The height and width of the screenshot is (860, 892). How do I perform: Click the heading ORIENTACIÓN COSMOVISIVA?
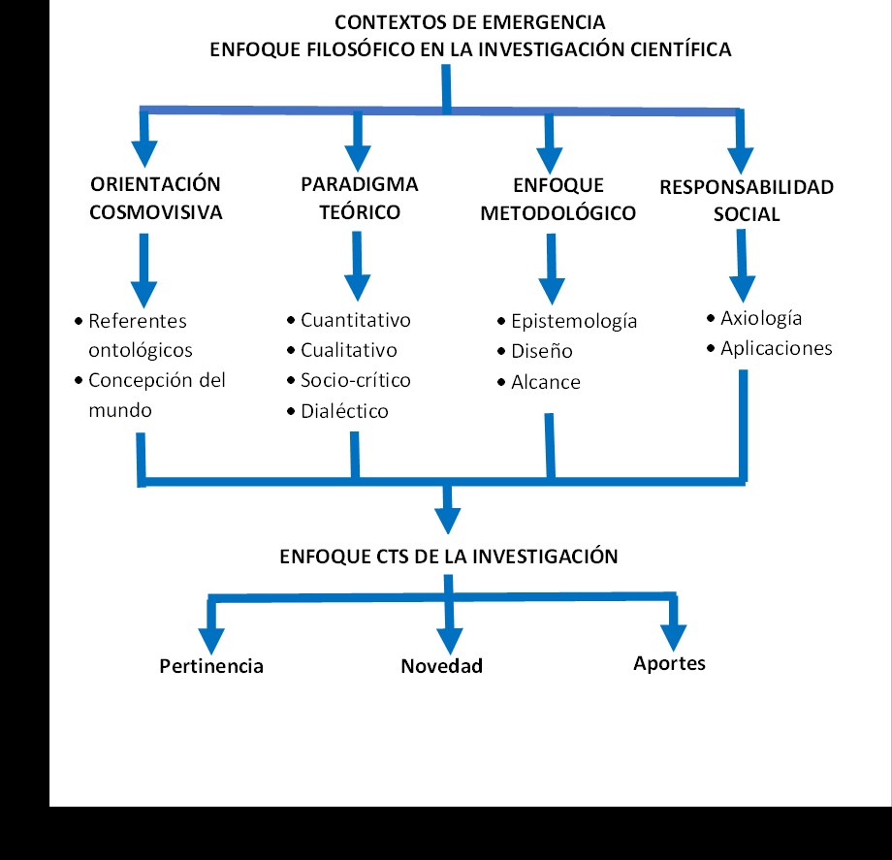pyautogui.click(x=155, y=199)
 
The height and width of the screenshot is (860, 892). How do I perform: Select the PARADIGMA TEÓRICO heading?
pyautogui.click(x=359, y=199)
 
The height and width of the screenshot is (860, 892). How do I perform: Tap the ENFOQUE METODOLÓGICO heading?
pyautogui.click(x=557, y=199)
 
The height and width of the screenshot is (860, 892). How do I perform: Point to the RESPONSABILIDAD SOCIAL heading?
pyautogui.click(x=746, y=201)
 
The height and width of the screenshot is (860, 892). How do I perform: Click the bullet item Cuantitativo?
pyautogui.click(x=355, y=320)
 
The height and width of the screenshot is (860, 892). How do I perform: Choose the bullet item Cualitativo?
pyautogui.click(x=348, y=351)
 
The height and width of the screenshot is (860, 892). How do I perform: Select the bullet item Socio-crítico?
pyautogui.click(x=355, y=381)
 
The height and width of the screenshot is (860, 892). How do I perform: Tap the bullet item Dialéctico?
pyautogui.click(x=344, y=411)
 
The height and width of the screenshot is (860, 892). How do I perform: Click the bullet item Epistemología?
pyautogui.click(x=573, y=321)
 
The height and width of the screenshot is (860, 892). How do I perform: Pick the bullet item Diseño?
pyautogui.click(x=541, y=351)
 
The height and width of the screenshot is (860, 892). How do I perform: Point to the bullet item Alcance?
pyautogui.click(x=545, y=382)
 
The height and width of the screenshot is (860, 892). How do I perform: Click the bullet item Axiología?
pyautogui.click(x=761, y=318)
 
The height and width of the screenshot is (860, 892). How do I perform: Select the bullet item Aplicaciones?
pyautogui.click(x=776, y=348)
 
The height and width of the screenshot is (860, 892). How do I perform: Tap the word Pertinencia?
pyautogui.click(x=211, y=666)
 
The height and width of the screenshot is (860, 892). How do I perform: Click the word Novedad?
pyautogui.click(x=441, y=666)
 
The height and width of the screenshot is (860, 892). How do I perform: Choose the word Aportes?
pyautogui.click(x=669, y=664)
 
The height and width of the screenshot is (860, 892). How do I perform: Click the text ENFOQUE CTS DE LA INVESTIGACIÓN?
pyautogui.click(x=448, y=557)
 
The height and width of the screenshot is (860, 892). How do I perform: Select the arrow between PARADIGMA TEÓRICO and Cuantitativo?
pyautogui.click(x=357, y=267)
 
